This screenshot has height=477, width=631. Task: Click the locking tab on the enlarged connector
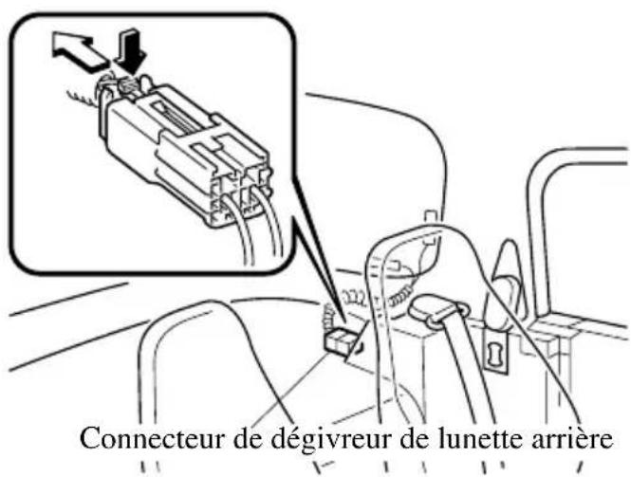128,86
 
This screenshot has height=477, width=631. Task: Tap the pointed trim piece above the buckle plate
502,275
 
